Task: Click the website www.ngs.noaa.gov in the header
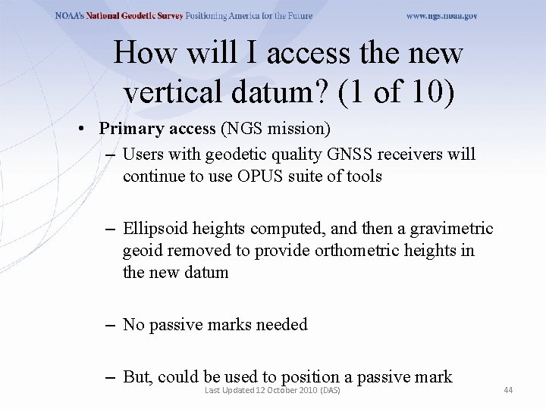pyautogui.click(x=441, y=16)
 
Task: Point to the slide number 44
pyautogui.click(x=508, y=389)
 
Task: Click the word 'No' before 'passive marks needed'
pyautogui.click(x=133, y=325)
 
